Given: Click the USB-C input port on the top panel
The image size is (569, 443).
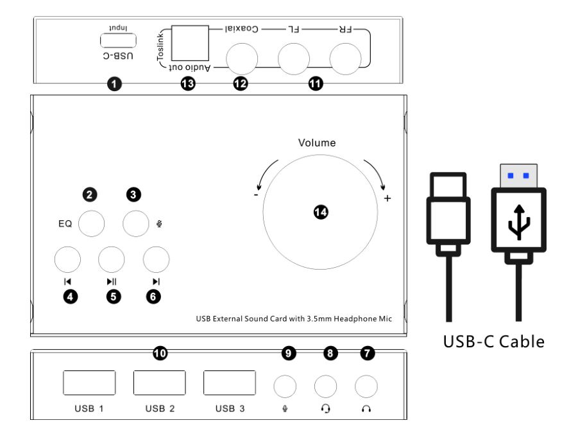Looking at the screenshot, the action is coord(118,40).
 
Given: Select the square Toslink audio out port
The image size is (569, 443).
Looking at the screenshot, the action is coord(190,43).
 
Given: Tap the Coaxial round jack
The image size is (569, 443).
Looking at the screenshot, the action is coord(242,59).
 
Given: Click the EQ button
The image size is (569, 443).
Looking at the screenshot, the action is coord(92,223).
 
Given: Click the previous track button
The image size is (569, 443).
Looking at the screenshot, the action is coord(67,259).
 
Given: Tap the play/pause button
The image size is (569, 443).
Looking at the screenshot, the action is coord(112,259).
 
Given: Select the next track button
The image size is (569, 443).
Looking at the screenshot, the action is coord(156,259).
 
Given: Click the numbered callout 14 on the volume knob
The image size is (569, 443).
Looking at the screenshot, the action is coord(321,212).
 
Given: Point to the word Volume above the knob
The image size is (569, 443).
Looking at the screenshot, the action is coord(317,143).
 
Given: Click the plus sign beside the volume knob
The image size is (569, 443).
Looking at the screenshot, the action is coord(387,198).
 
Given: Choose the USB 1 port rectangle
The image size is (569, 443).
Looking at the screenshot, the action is coord(89,383).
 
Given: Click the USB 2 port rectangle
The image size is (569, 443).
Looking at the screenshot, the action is coord(160,383).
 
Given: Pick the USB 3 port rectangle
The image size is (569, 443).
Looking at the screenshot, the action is coord(230,383).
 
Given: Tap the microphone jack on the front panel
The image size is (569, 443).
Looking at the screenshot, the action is coord(285,387).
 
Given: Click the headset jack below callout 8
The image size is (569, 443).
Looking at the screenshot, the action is coord(325,387).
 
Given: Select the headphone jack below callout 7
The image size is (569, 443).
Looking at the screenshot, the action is coord(366,387).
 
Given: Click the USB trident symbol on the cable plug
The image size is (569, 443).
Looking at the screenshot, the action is coord(519,222).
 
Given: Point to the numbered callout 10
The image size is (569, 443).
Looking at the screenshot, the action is coord(160,353).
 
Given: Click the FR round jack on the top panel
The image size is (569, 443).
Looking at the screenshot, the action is coord(346,59).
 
